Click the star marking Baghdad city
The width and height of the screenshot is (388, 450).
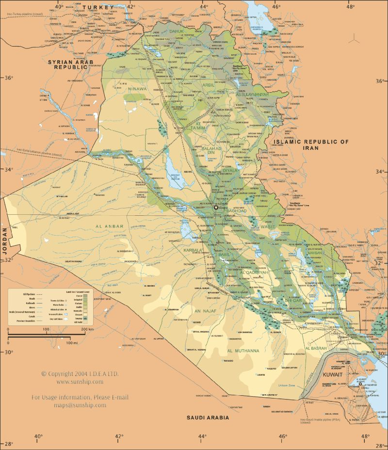(216, 207)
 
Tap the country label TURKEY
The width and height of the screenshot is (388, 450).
(98, 7)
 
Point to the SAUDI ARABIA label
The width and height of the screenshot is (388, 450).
(208, 417)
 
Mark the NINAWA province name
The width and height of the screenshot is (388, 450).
(137, 89)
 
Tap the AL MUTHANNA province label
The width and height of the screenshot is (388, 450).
(242, 350)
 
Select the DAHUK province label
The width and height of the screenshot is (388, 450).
(177, 32)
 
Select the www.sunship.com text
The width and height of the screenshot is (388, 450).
(80, 382)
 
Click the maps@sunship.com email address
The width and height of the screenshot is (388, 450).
(80, 405)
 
